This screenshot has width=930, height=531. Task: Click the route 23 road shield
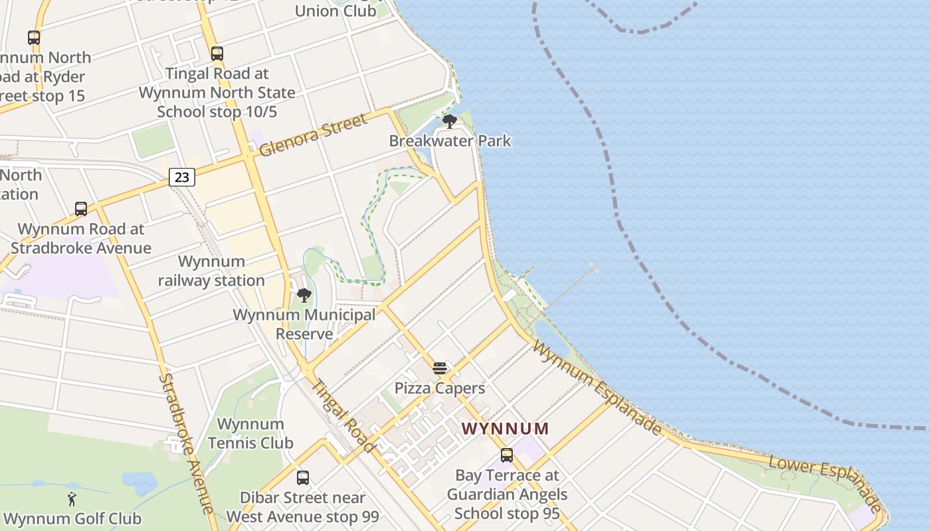click(181, 177)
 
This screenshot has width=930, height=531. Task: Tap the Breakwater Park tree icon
click(450, 121)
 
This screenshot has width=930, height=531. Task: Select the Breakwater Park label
click(450, 141)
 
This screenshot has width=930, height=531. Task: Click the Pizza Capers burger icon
click(440, 368)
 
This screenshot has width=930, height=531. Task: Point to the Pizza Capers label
click(440, 388)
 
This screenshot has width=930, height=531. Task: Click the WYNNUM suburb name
click(506, 429)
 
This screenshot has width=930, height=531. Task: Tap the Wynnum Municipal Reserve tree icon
click(304, 295)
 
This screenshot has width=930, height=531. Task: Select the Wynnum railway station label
click(211, 271)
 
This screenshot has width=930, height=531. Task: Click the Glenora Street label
click(312, 135)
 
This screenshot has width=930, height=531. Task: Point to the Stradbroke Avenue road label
click(186, 443)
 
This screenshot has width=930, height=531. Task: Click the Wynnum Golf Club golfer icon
click(72, 499)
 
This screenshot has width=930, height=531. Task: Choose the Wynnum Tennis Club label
click(250, 433)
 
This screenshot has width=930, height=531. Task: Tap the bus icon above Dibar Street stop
click(303, 477)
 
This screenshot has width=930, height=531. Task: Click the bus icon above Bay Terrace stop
click(507, 455)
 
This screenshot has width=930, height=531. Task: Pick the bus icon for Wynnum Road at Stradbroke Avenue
click(81, 209)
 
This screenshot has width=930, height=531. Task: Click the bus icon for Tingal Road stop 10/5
click(217, 54)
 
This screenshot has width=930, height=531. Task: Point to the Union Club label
click(335, 11)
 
